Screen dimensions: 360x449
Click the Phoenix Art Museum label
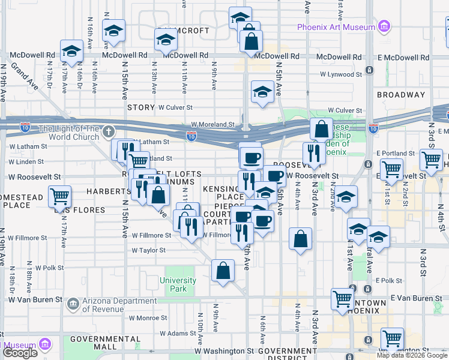(336, 27)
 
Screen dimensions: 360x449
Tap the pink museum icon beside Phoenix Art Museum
(383, 27)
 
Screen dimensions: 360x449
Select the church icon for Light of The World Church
(108, 131)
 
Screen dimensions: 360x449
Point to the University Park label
(178, 284)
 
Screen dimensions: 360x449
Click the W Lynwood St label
(339, 74)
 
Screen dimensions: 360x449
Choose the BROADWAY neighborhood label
(400, 95)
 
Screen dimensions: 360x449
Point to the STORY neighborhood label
(141, 107)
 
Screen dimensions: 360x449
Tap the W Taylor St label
(149, 250)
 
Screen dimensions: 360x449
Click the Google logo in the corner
(20, 353)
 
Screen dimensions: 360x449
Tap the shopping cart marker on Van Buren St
(342, 298)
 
